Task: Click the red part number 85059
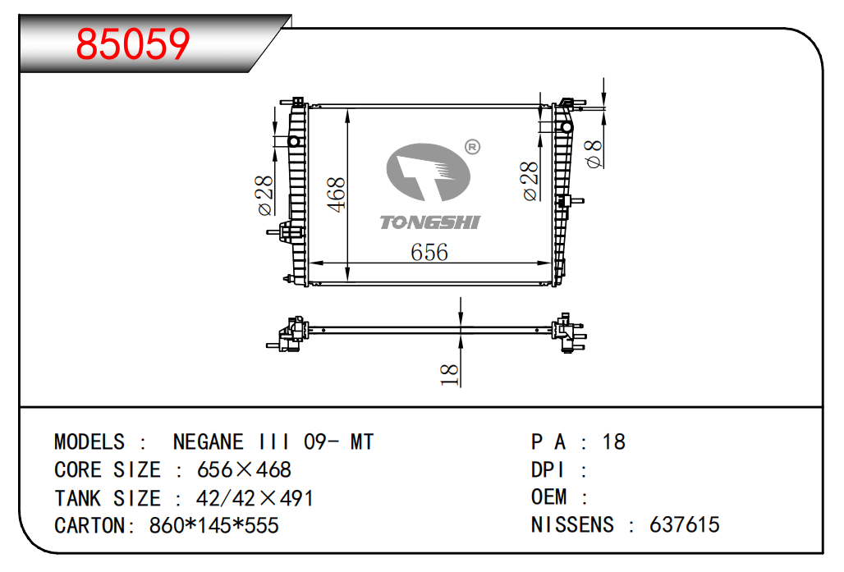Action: [x=133, y=43]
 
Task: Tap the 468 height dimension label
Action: [x=337, y=194]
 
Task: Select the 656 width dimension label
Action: [x=429, y=252]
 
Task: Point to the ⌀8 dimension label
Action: [x=594, y=154]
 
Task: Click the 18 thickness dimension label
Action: [x=449, y=374]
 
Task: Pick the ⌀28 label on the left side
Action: [x=265, y=195]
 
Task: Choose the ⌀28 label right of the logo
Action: [x=530, y=181]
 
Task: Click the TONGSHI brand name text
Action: [x=430, y=222]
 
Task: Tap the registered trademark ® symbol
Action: [x=472, y=147]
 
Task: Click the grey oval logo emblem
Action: [x=429, y=172]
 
